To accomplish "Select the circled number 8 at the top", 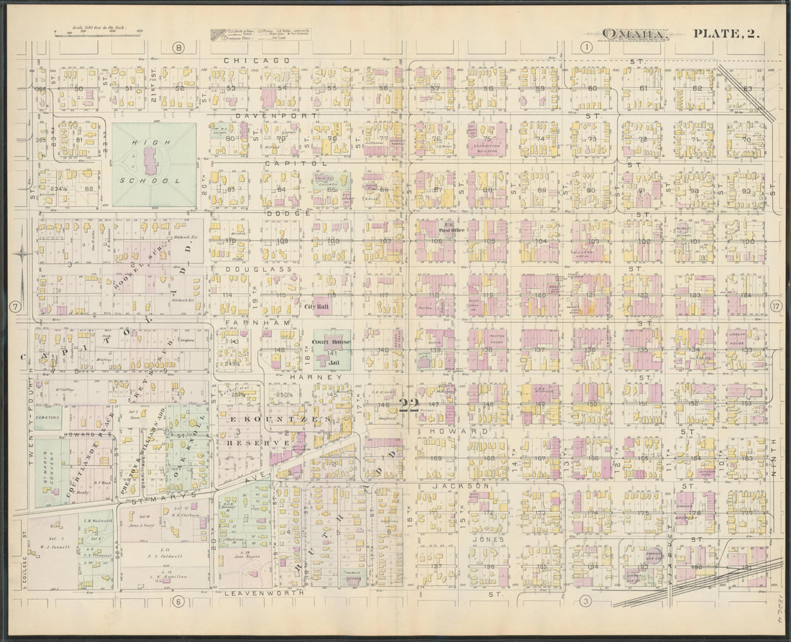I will (178, 47).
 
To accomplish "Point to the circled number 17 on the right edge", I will (775, 307).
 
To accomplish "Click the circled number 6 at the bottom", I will (178, 602).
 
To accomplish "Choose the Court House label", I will (331, 341).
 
